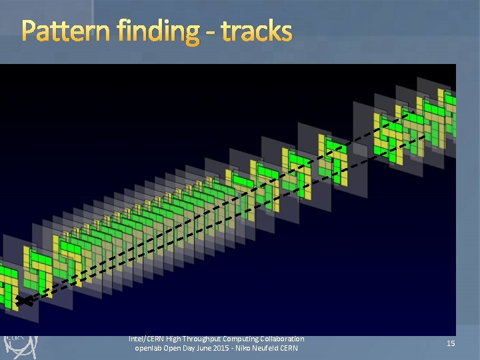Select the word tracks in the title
tap(256, 31)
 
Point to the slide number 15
tap(450, 343)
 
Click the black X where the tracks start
tap(25, 301)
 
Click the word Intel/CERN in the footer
tap(147, 339)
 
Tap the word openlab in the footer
tap(149, 349)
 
